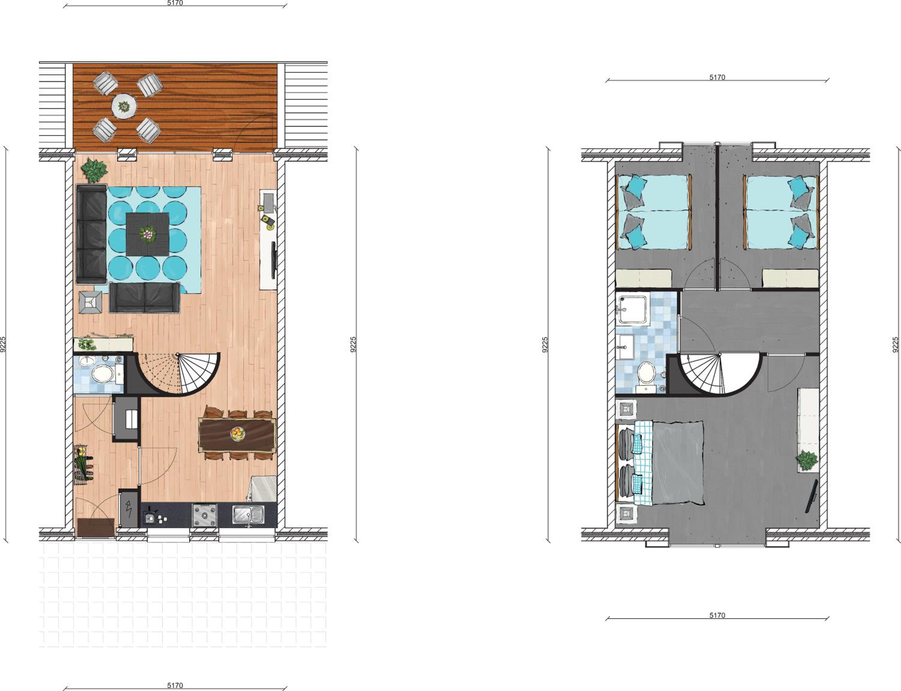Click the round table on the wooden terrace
(124, 107)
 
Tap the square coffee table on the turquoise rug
(148, 234)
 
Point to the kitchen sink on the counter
(248, 515)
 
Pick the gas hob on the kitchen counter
(205, 515)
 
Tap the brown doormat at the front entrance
(96, 527)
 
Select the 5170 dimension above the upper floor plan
(717, 77)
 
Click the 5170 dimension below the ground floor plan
(175, 686)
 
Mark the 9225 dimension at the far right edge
(895, 345)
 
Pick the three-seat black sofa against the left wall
(92, 234)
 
